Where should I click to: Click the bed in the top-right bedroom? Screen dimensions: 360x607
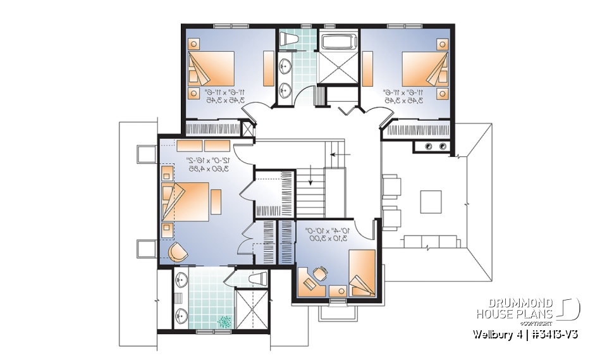click(424, 70)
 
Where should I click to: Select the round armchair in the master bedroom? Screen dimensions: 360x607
click(178, 252)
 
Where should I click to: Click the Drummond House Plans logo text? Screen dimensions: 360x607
click(515, 308)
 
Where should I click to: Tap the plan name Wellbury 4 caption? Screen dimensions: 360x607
click(525, 334)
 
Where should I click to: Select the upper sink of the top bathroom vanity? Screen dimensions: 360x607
click(285, 65)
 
